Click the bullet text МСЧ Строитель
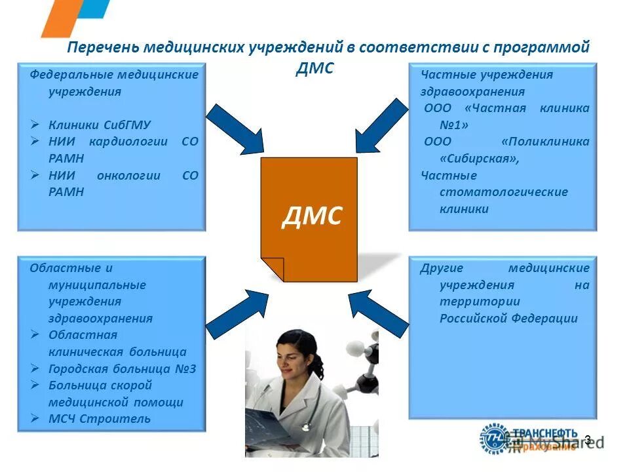tap(99, 418)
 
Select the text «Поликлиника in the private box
tap(545, 142)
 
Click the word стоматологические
tap(504, 193)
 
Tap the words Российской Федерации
tap(508, 319)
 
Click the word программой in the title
tap(550, 48)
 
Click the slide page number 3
tap(587, 440)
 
